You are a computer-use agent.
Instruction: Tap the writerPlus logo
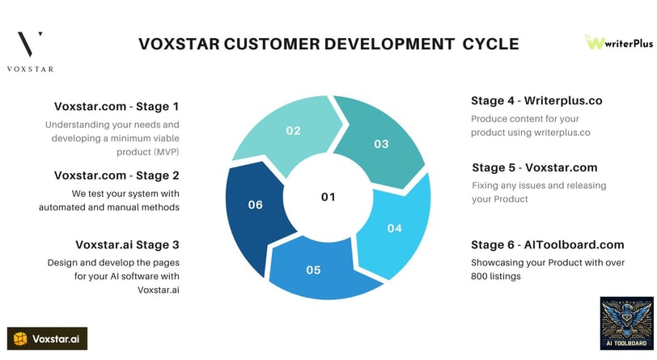pos(619,42)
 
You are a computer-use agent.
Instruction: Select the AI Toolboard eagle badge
pos(626,323)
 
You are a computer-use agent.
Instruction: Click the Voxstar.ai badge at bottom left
pos(48,339)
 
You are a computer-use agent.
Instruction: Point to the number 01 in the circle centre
pos(328,197)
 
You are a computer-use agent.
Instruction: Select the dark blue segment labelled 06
pos(256,210)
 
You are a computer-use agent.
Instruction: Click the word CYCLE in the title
pos(490,44)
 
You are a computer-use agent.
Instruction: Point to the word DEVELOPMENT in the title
pos(389,44)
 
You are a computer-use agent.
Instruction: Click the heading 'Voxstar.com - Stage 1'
pos(117,107)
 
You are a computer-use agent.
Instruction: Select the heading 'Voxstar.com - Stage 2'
pos(117,176)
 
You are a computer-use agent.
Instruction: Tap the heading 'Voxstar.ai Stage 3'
pos(127,245)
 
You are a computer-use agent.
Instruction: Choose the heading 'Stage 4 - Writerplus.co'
pos(536,100)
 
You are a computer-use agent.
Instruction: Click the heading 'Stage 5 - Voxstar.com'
pos(535,167)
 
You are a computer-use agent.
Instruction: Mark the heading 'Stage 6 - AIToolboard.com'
pos(548,245)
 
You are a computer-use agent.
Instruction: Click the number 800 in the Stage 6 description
pos(478,277)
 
